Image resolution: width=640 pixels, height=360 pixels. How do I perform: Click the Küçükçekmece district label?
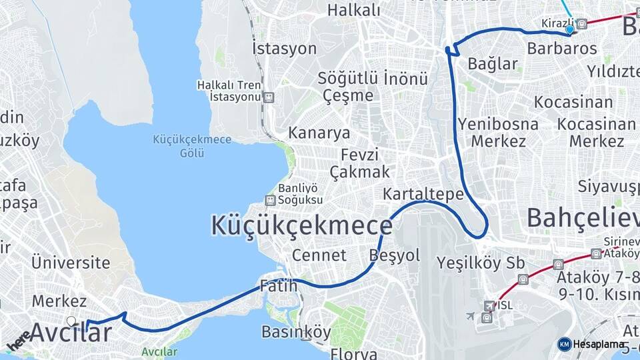click(301, 225)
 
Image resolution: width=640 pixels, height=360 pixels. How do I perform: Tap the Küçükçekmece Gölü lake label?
click(192, 146)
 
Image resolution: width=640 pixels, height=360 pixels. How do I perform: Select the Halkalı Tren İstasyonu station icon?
click(269, 97)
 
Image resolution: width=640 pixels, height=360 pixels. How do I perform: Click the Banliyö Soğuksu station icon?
click(270, 200)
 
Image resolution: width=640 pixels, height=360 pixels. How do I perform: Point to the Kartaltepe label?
click(423, 194)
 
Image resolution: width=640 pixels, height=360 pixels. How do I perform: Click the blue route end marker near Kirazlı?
click(569, 30)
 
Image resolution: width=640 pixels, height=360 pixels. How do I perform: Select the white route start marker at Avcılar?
click(71, 321)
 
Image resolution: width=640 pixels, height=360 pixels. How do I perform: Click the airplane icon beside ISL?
click(472, 315)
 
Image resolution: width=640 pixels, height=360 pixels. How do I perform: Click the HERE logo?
click(18, 341)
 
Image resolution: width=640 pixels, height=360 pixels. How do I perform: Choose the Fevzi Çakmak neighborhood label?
click(365, 163)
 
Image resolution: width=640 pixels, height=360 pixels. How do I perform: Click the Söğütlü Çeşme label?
click(348, 87)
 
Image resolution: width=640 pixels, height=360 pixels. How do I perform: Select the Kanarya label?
click(319, 133)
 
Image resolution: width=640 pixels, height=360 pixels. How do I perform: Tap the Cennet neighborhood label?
click(319, 255)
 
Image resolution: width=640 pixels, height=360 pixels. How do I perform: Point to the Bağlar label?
click(493, 65)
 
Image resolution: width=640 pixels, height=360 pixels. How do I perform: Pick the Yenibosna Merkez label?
click(498, 133)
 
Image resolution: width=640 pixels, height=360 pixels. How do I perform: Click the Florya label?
click(354, 353)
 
